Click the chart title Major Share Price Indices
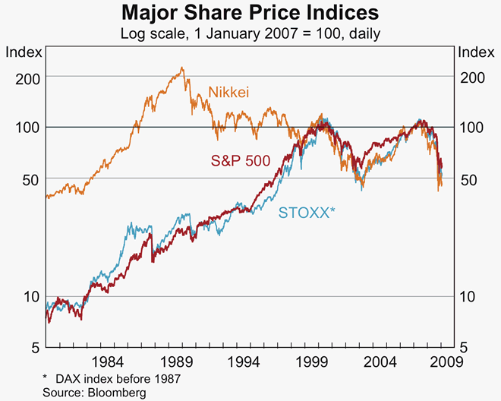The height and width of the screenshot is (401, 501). click(x=250, y=14)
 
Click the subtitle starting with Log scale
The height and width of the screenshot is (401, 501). click(x=250, y=33)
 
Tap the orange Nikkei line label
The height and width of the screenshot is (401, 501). click(x=228, y=93)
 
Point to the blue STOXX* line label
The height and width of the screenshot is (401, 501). click(x=307, y=213)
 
